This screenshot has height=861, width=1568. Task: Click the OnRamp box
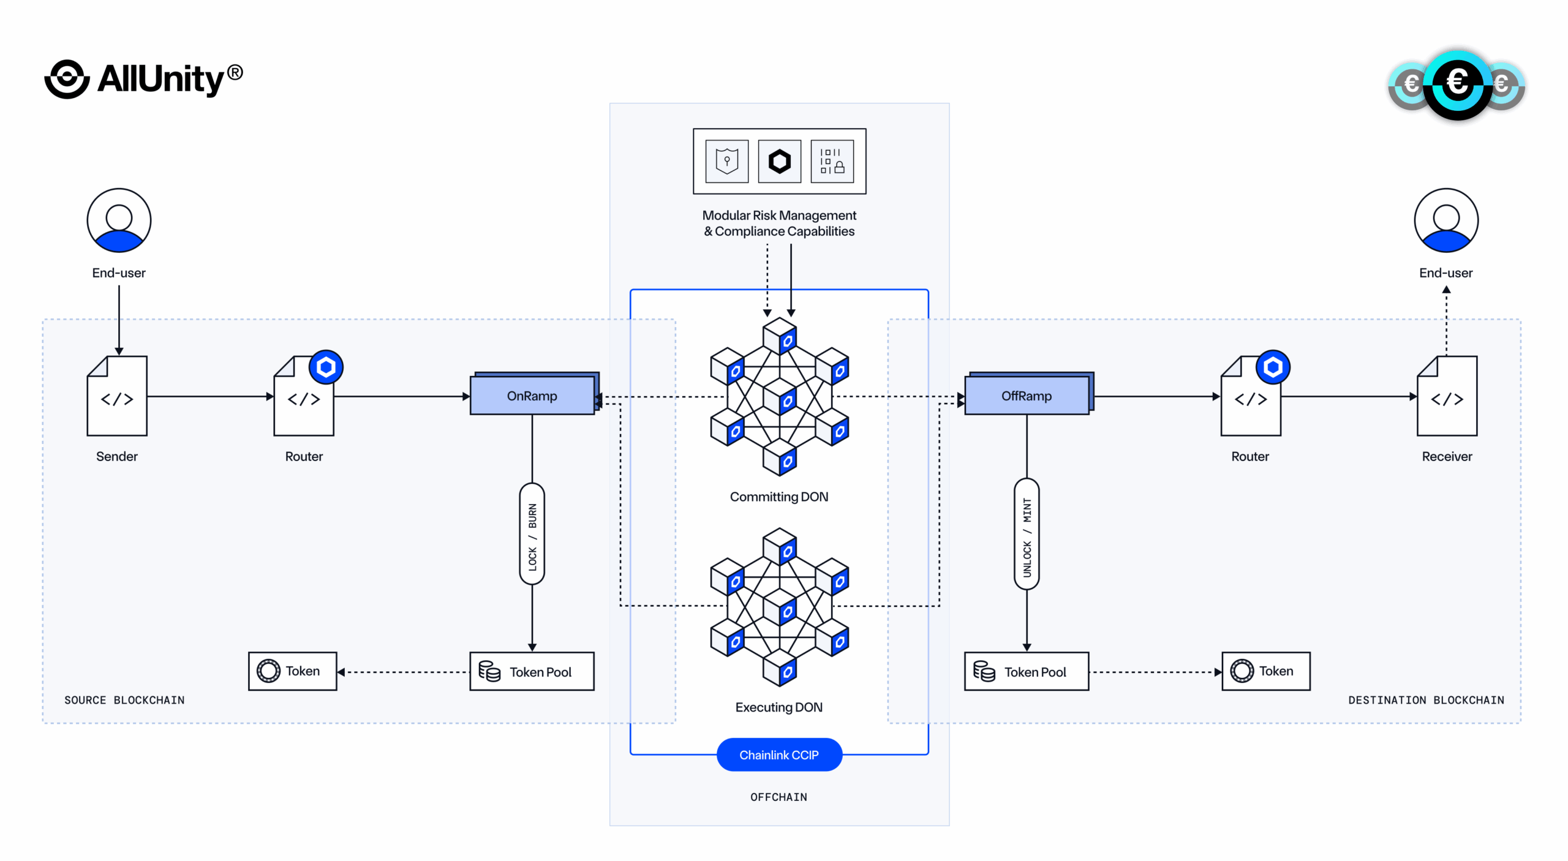click(x=532, y=396)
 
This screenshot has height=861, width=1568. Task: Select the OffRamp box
click(x=1027, y=396)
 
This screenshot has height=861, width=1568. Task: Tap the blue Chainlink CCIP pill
click(x=778, y=754)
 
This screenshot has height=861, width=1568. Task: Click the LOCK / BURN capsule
click(x=532, y=534)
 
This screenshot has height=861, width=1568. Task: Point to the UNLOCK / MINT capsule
click(x=1027, y=534)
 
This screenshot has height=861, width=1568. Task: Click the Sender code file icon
click(x=117, y=396)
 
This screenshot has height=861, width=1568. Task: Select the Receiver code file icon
click(x=1447, y=396)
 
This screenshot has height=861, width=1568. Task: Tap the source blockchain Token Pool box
click(x=532, y=671)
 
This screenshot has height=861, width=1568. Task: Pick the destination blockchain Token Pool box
click(x=1027, y=671)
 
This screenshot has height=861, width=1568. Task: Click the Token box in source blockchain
click(x=292, y=671)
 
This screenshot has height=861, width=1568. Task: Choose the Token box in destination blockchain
click(x=1265, y=671)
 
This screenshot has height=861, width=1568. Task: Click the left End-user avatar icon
click(x=119, y=220)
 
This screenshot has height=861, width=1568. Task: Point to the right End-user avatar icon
click(x=1445, y=220)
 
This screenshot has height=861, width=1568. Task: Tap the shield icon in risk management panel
click(x=727, y=161)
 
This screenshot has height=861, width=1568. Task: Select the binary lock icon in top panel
click(x=832, y=161)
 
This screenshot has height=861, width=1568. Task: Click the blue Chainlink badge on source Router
click(x=326, y=367)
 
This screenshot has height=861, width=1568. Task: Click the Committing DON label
click(x=778, y=497)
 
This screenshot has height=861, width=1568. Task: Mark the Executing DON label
click(x=778, y=707)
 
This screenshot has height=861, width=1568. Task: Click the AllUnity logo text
click(x=162, y=80)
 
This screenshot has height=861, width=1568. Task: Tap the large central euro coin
click(x=1457, y=83)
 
